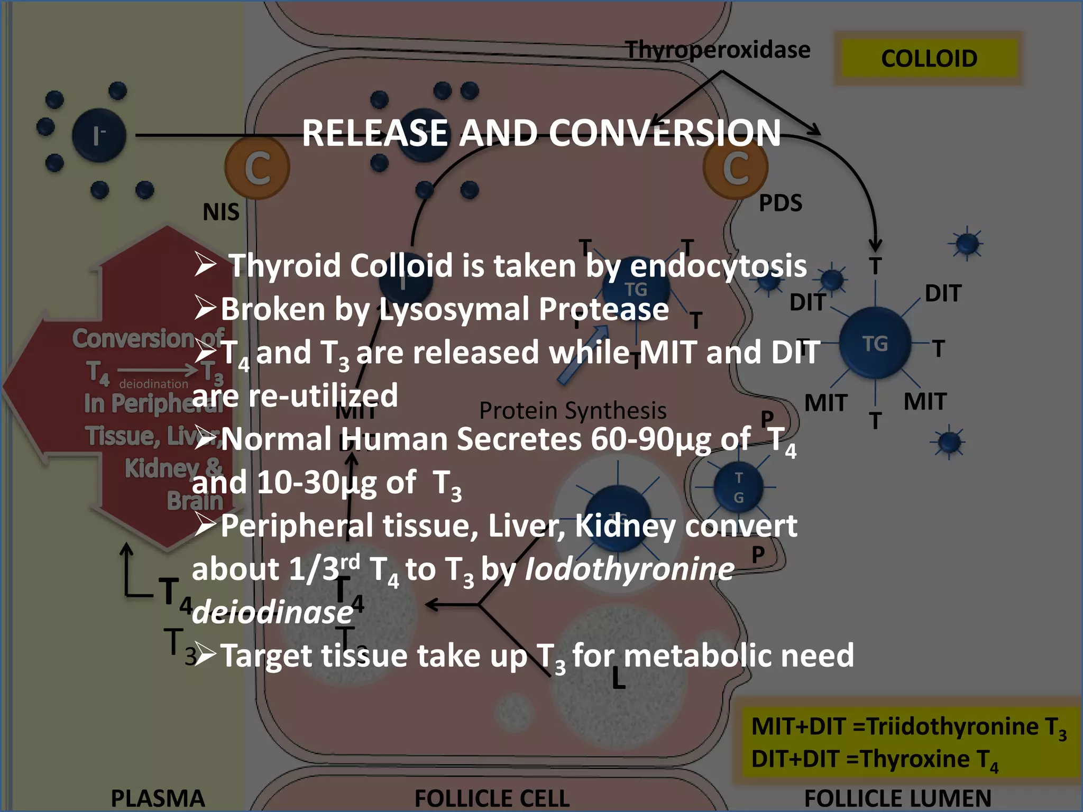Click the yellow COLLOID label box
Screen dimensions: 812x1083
(929, 58)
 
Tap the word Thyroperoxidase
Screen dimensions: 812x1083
(718, 50)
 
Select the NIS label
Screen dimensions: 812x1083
(221, 212)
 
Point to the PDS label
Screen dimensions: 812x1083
(781, 203)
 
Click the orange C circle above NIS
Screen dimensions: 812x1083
(258, 168)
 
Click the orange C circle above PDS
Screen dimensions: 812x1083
(736, 168)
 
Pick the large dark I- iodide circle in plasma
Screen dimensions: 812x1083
(99, 135)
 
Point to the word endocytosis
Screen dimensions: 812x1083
(718, 265)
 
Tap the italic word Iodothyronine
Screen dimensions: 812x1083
(629, 569)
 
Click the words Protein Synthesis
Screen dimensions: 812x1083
(572, 411)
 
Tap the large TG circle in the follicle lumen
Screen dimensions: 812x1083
(875, 343)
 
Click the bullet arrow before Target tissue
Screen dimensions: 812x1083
(205, 654)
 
